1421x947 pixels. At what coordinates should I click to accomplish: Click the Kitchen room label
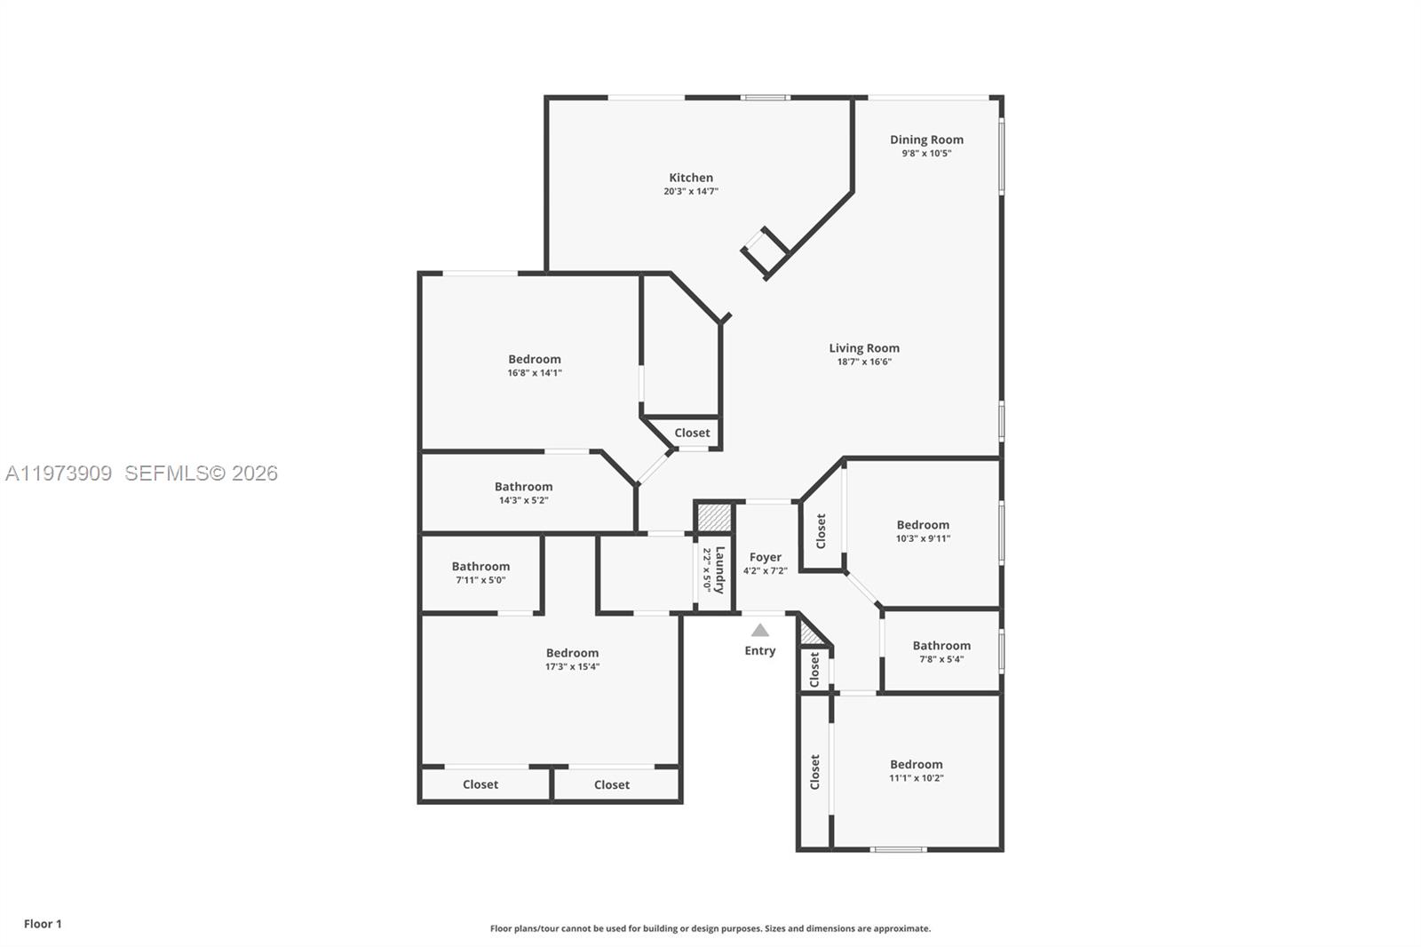click(691, 178)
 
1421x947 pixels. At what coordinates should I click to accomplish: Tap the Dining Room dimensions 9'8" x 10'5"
click(926, 154)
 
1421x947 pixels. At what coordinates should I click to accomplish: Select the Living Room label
click(864, 348)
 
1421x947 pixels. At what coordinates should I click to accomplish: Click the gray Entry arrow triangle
click(760, 631)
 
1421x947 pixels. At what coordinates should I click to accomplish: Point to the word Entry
click(760, 651)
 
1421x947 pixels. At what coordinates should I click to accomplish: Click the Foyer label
click(765, 558)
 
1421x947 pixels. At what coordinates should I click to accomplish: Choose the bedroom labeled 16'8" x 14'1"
click(535, 360)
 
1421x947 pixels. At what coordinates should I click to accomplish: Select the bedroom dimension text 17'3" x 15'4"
click(572, 667)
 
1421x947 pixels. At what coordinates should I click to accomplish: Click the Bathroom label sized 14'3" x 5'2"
click(523, 487)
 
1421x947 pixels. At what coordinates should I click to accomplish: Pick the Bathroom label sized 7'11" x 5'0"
click(480, 567)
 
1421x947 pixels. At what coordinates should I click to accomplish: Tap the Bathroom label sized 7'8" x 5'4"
click(941, 646)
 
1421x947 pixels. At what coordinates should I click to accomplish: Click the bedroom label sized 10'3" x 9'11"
click(923, 525)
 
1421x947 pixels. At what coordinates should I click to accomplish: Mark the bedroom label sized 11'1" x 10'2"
click(917, 765)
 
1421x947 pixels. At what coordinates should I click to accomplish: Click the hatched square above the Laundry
click(713, 517)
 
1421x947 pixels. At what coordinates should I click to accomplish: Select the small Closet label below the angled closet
click(692, 434)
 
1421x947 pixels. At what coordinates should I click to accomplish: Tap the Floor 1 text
click(43, 924)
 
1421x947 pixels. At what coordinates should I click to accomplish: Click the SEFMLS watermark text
click(201, 473)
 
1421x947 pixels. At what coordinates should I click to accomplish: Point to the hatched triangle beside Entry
click(809, 634)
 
